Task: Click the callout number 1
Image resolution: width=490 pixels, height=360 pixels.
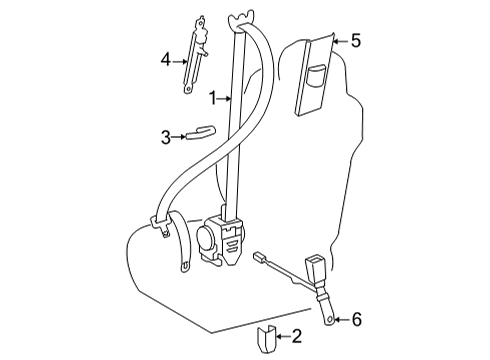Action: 213,97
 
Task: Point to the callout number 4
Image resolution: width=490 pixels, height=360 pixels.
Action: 167,59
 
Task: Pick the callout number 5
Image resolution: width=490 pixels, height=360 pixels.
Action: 355,41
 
